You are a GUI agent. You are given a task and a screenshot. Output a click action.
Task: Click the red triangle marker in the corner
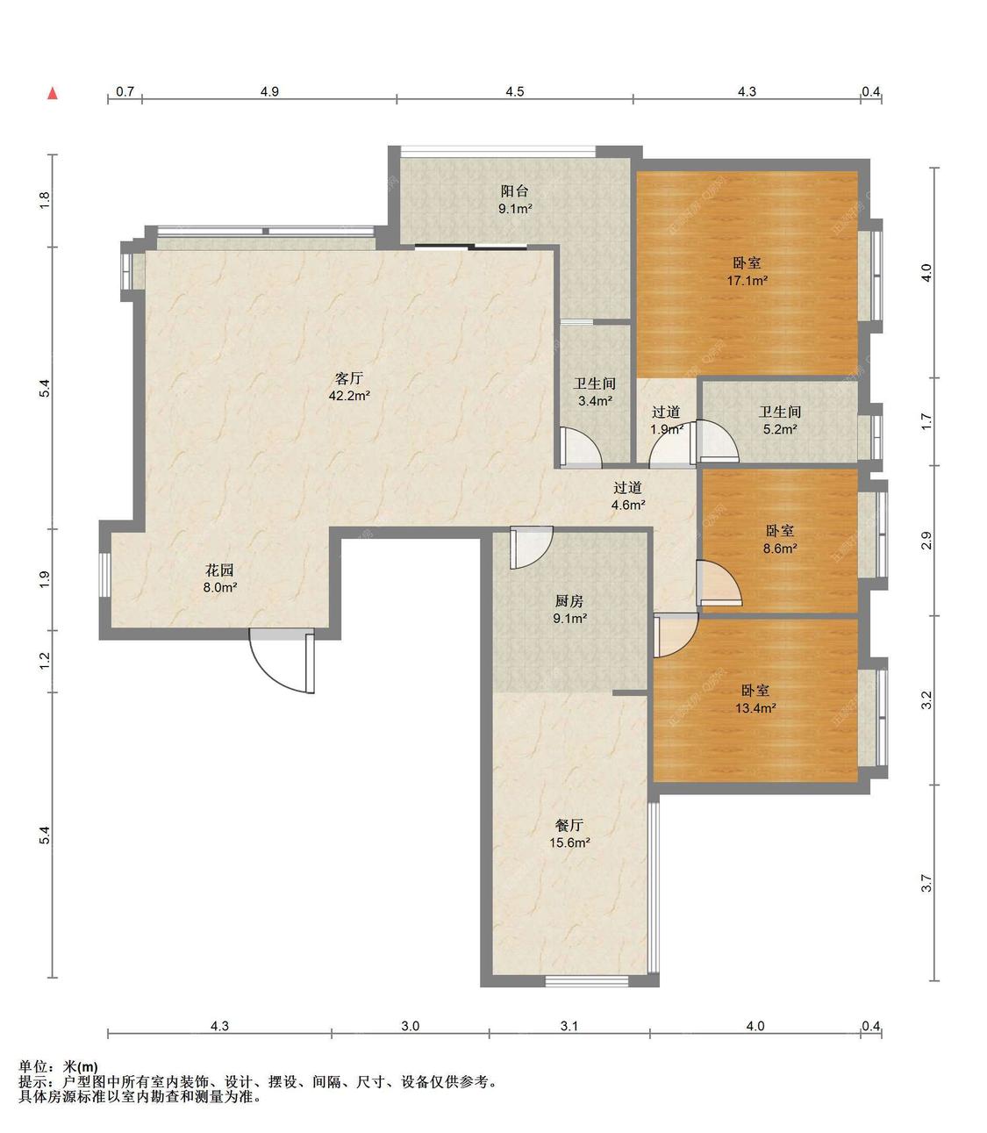pos(53,93)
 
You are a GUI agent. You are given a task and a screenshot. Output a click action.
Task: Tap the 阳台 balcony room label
pos(514,191)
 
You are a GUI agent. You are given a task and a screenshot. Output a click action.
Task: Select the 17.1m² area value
pos(747,280)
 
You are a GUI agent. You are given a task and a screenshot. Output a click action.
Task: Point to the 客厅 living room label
pos(349,378)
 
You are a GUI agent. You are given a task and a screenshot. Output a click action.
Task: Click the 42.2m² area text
pos(349,396)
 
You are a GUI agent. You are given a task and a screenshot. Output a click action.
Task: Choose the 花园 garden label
pos(219,570)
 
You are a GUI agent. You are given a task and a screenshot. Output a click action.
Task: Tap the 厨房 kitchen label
pos(569,600)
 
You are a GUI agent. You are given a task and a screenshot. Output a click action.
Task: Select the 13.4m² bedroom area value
pos(755,707)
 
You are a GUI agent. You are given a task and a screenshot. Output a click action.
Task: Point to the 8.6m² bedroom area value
pos(780,549)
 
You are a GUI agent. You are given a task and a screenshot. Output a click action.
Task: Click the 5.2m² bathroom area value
pos(780,428)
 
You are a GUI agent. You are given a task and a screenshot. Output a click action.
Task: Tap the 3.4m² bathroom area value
pos(595,400)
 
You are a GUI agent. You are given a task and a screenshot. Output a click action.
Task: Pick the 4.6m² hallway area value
pos(628,505)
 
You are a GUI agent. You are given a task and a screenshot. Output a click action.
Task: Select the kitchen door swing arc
pos(532,547)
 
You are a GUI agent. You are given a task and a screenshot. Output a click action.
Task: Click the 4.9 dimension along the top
pos(269,91)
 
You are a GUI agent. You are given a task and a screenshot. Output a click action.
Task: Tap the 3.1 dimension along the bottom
pos(569,1026)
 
